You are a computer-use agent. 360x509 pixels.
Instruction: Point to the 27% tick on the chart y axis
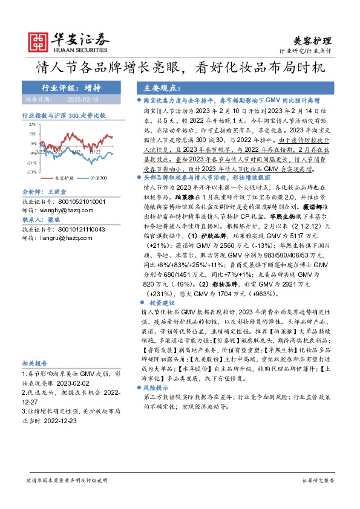coord(33,125)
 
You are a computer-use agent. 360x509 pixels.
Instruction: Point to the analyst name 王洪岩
coord(59,193)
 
